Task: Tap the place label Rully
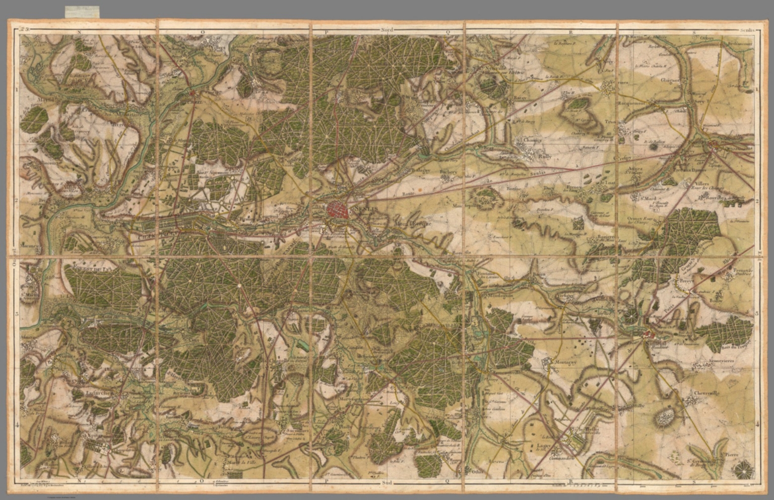(545, 157)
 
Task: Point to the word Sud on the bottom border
(386, 482)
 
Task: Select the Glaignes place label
(671, 80)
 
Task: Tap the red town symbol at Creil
(192, 93)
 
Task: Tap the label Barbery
(447, 172)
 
